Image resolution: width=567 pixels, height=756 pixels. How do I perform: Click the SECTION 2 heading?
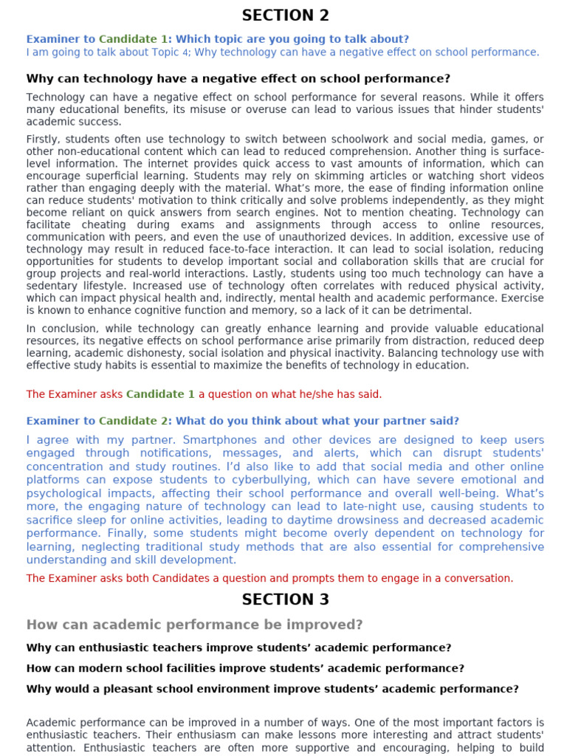point(285,16)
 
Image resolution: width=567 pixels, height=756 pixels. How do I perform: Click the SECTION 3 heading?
point(285,599)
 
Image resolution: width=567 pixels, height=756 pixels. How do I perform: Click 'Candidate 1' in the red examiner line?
point(160,394)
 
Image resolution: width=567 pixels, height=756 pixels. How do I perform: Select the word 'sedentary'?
point(54,286)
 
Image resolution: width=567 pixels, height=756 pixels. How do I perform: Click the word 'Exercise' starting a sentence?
point(521,298)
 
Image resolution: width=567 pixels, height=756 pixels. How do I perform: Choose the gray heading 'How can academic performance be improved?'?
point(194,625)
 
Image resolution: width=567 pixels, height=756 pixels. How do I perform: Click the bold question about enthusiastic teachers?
point(238,647)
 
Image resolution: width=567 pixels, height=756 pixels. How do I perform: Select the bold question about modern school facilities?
point(245,668)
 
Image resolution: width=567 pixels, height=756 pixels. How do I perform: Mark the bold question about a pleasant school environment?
point(272,689)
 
